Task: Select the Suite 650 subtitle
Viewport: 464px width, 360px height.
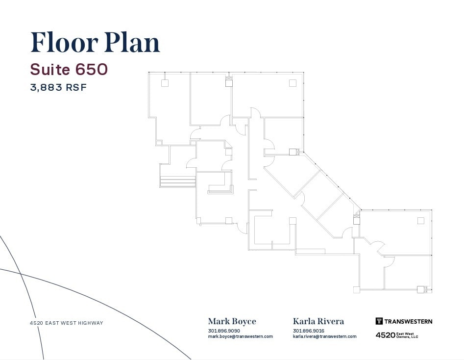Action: click(x=69, y=70)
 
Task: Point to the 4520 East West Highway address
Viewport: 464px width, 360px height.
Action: click(x=66, y=323)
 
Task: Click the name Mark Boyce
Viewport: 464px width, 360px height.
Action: click(x=232, y=322)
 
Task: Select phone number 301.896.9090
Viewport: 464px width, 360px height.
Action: click(x=224, y=331)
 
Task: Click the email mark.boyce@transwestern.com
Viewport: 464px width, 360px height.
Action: click(x=240, y=336)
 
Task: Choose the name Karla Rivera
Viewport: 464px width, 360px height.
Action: click(x=318, y=322)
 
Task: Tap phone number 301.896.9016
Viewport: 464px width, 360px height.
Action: click(x=309, y=331)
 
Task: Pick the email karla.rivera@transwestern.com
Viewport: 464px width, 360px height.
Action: click(x=325, y=336)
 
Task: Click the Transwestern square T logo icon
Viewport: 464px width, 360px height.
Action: click(x=379, y=321)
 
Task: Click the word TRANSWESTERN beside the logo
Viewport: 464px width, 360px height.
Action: click(x=408, y=322)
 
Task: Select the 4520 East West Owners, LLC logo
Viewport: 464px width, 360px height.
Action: click(x=397, y=335)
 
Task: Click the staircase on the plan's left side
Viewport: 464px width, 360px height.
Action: click(x=177, y=181)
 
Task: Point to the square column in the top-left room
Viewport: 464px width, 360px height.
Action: click(x=165, y=83)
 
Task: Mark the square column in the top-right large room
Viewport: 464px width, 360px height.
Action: click(x=293, y=83)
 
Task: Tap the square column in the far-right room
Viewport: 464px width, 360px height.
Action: click(x=420, y=221)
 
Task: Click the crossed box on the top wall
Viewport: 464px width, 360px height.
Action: click(x=228, y=82)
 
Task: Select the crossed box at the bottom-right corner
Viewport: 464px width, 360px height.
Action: click(x=421, y=289)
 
